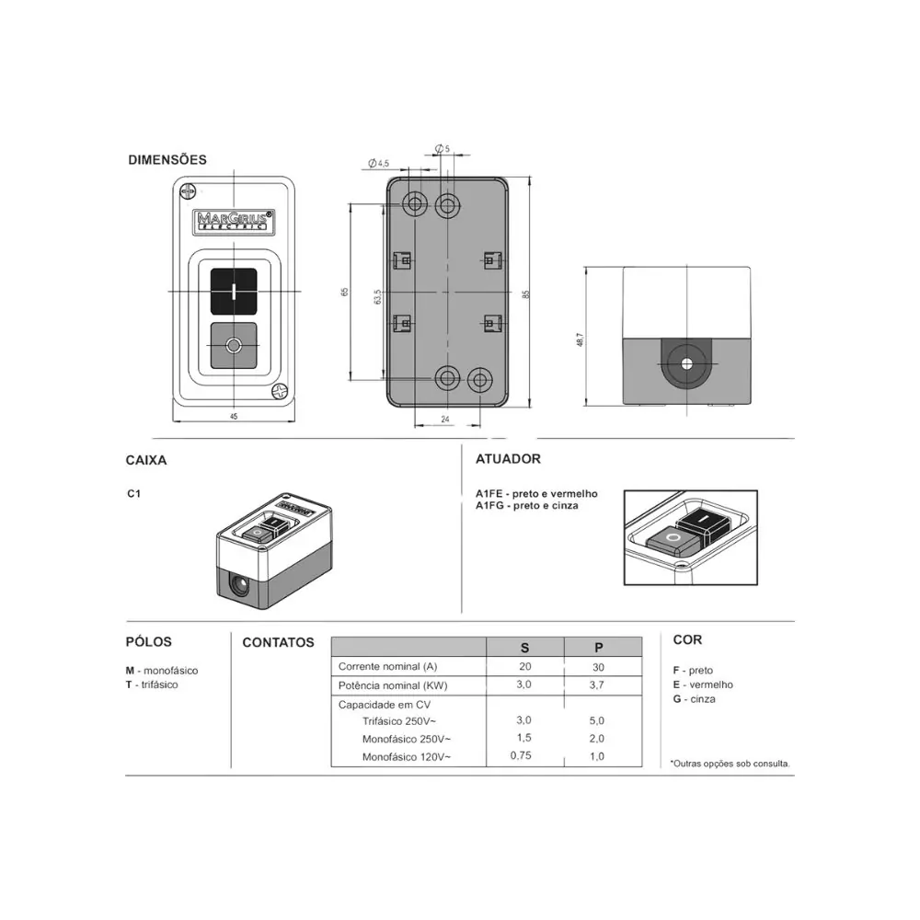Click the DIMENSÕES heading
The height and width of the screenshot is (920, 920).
tap(167, 159)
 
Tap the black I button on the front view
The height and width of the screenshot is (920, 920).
tap(234, 292)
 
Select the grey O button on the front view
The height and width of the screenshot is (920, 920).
tap(234, 346)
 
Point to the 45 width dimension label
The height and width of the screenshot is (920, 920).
tap(234, 417)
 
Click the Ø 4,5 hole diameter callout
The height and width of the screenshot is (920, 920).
tap(378, 163)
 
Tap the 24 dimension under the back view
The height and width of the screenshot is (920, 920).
tap(445, 419)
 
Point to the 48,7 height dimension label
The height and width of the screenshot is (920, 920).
tap(580, 339)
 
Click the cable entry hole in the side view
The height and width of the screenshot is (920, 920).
tap(687, 364)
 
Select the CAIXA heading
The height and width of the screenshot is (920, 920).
tap(146, 460)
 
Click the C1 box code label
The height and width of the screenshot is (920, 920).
tap(133, 493)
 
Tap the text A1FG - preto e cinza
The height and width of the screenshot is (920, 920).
tap(527, 506)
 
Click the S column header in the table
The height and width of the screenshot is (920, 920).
tap(524, 648)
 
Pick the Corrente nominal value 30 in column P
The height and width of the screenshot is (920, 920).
tap(598, 667)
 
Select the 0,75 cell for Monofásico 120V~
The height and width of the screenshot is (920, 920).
tap(521, 755)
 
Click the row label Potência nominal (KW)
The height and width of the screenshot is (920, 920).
tap(393, 685)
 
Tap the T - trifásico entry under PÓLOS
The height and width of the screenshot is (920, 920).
tap(152, 684)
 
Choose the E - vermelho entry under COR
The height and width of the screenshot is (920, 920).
tap(703, 684)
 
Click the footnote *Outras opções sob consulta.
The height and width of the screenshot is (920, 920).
tap(730, 764)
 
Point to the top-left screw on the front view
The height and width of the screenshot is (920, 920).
tap(189, 192)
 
